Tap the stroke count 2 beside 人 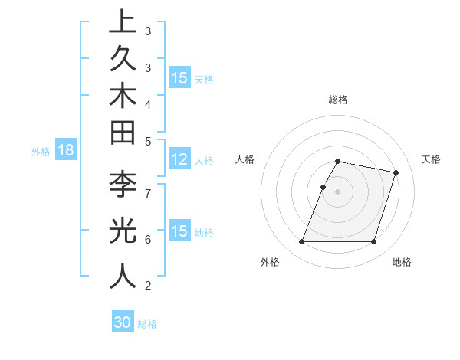[148, 286]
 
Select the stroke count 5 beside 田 [148, 140]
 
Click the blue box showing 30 [123, 322]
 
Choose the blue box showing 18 [66, 151]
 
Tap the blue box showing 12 [179, 160]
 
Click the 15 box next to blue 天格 [179, 78]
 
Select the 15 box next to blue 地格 [179, 231]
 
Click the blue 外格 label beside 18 [41, 152]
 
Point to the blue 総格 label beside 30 [147, 324]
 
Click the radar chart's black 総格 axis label [337, 100]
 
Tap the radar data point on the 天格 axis [396, 173]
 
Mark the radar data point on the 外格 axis [301, 242]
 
